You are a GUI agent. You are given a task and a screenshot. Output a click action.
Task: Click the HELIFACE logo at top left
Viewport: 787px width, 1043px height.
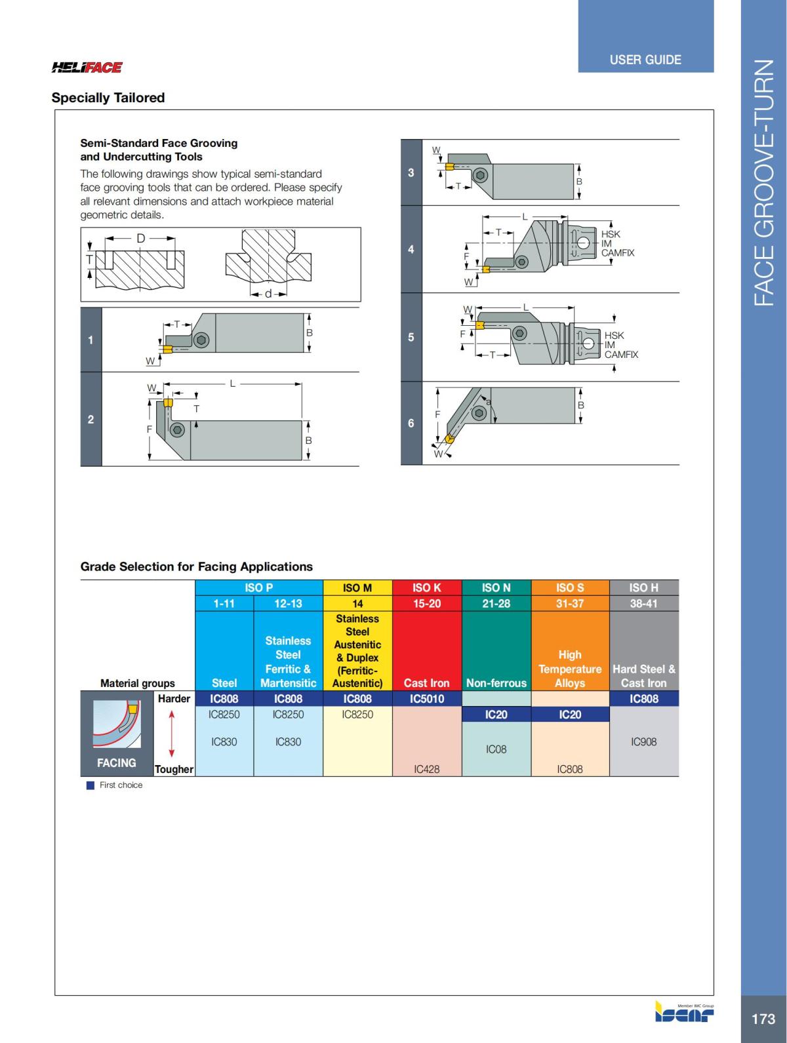click(87, 67)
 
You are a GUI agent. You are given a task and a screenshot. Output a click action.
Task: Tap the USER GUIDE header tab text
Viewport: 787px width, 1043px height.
click(645, 60)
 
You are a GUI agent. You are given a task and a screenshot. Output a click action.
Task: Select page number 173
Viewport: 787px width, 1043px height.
click(763, 1019)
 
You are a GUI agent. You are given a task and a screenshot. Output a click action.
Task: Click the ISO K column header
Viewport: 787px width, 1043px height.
click(427, 587)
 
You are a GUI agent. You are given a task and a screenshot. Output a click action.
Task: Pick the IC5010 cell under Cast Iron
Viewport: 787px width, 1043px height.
click(427, 699)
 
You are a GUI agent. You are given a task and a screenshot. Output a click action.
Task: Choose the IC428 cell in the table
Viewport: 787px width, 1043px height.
click(427, 769)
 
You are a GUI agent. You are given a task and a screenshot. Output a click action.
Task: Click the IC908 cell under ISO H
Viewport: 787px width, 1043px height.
click(643, 742)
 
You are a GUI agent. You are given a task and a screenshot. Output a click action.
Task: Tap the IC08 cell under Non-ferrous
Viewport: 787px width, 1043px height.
click(496, 749)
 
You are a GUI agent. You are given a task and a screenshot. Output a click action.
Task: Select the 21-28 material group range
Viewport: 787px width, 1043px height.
click(496, 603)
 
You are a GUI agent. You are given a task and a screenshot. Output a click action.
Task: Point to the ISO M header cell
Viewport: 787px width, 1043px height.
click(357, 587)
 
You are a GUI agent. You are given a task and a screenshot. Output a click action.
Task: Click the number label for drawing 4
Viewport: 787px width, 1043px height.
click(411, 249)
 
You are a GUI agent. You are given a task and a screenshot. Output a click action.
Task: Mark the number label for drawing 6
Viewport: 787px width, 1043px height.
click(411, 423)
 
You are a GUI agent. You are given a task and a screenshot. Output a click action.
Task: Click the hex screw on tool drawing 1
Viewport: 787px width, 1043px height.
click(201, 340)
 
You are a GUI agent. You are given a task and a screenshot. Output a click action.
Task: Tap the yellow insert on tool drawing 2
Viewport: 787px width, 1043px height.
click(168, 403)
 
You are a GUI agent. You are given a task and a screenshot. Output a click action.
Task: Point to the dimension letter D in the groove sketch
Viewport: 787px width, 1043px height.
click(140, 239)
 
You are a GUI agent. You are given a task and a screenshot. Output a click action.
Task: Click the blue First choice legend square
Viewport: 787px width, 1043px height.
click(91, 785)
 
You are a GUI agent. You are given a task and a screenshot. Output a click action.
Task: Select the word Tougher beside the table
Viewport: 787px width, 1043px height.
click(174, 769)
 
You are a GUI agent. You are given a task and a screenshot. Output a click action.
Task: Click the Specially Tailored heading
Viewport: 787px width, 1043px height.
click(108, 98)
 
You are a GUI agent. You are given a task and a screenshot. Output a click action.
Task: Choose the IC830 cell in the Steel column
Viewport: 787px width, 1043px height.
click(224, 742)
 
